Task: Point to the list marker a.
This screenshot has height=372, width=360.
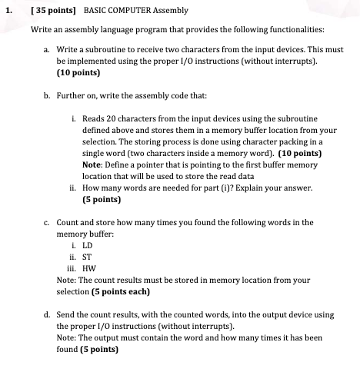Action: [48, 49]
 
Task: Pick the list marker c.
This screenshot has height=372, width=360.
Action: [48, 222]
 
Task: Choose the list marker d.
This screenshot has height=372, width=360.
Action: [48, 314]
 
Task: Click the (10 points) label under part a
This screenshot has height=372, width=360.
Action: [78, 75]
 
